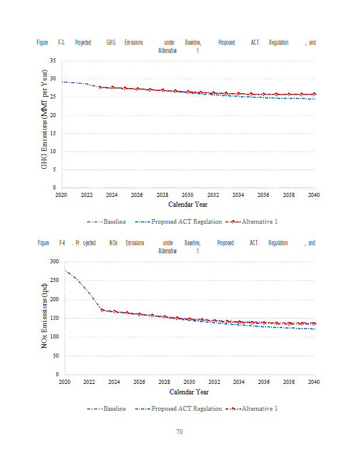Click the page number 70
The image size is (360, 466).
tap(180, 432)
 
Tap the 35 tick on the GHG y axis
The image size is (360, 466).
tap(52, 61)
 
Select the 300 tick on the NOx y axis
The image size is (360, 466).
tap(54, 262)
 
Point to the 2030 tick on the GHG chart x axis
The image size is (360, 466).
tap(188, 195)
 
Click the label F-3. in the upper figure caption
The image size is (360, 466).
tap(61, 43)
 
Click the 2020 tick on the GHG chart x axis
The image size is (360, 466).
tap(61, 195)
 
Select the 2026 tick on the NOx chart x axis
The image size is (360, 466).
tap(139, 382)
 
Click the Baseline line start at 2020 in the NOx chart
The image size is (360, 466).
tap(65, 270)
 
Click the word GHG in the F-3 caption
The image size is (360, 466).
tap(111, 43)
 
